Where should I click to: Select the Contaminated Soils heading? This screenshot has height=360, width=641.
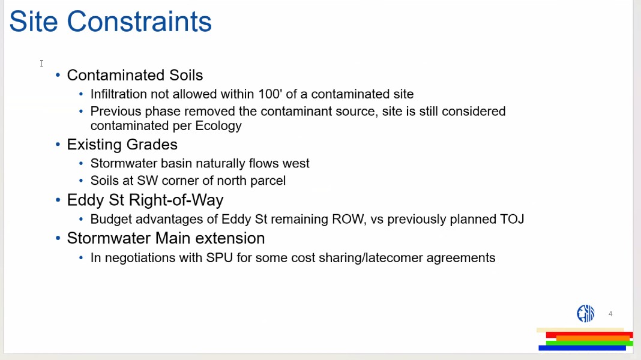135,75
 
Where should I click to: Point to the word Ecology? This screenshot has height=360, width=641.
218,126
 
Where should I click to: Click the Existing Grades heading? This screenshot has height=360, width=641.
122,145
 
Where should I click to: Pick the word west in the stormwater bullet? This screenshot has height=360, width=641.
296,163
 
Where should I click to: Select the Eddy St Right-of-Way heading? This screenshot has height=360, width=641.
145,200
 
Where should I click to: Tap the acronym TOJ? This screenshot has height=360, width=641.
512,220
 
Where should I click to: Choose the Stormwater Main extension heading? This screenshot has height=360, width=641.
166,238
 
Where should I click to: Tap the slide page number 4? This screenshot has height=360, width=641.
610,314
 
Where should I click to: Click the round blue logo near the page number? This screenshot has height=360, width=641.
585,313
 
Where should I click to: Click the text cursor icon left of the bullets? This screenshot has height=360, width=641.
41,64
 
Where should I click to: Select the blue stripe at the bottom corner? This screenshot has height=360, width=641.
582,348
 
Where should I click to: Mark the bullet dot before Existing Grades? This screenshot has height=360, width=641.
58,144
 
